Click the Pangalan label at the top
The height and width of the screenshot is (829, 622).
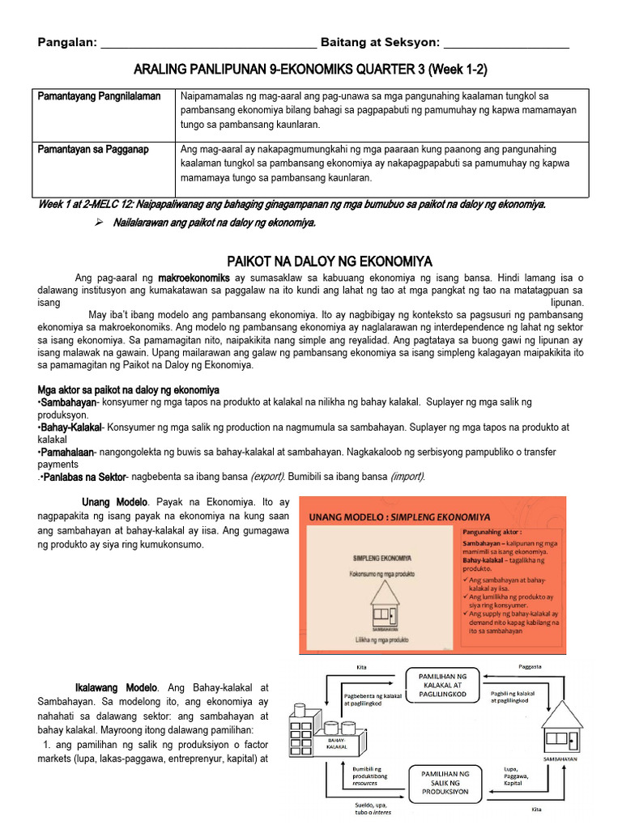click(x=66, y=42)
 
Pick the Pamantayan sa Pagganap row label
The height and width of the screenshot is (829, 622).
click(x=93, y=150)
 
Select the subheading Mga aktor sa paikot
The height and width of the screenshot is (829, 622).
click(x=128, y=389)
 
